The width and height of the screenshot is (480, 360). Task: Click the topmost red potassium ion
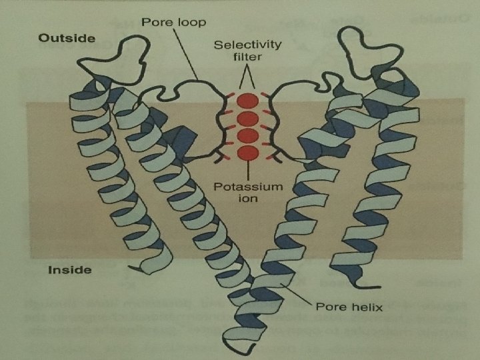(247, 102)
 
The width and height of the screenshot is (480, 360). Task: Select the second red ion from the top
(247, 119)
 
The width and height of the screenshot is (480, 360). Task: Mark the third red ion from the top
(247, 136)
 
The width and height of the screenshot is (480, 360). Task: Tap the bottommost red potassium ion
(247, 153)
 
